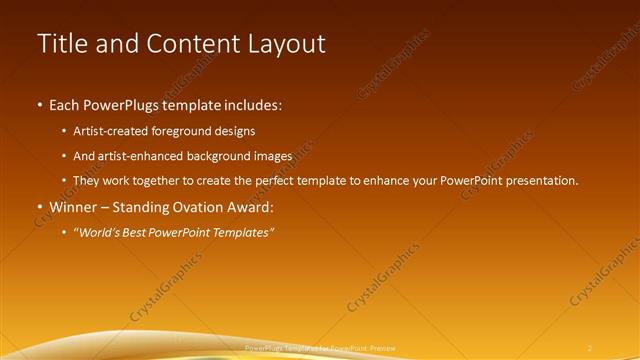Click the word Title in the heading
[63, 44]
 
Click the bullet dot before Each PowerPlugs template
[39, 104]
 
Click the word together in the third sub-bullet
[168, 181]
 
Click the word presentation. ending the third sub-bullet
[541, 181]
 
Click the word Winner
[74, 207]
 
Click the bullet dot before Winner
[39, 207]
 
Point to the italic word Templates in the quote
[241, 233]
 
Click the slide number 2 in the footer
[590, 347]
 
